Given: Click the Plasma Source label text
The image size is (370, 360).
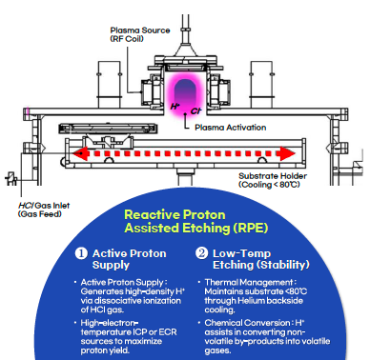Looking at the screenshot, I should tap(137, 30).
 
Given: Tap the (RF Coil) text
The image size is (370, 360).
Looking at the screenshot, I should tap(129, 40).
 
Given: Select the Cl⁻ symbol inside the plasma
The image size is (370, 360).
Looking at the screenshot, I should tap(181, 112).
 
